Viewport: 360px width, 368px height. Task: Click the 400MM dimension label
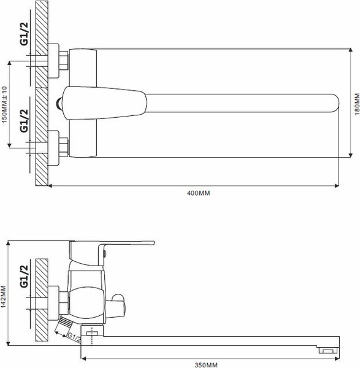197,193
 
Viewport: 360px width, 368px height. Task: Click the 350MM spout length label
206,364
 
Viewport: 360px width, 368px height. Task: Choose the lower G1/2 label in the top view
24,120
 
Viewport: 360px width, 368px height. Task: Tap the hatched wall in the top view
42,92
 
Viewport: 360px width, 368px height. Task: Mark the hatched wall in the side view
42,301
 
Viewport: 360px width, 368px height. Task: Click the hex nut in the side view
61,301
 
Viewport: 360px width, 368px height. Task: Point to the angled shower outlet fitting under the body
63,326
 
